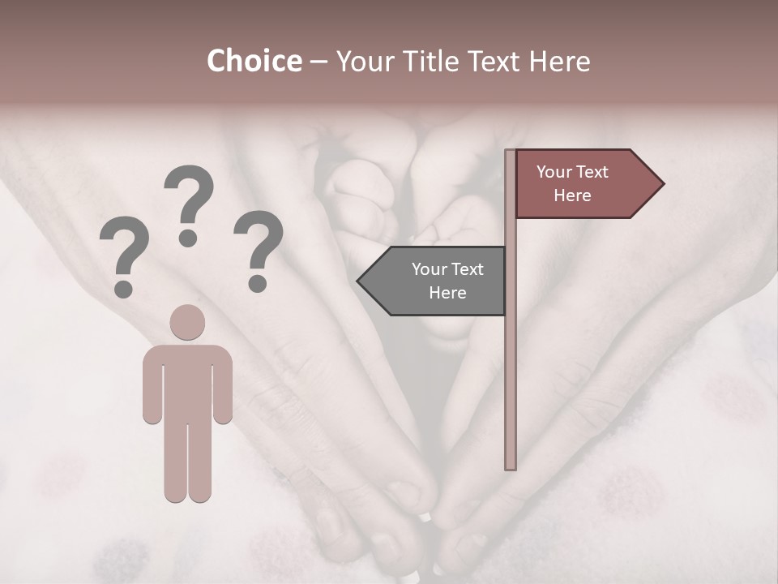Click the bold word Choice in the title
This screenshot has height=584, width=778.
tap(254, 62)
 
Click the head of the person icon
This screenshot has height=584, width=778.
tap(187, 322)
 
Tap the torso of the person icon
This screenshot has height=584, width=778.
tap(187, 381)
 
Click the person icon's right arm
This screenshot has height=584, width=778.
tap(222, 385)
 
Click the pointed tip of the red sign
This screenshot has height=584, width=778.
tap(660, 184)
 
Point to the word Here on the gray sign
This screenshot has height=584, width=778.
tap(447, 293)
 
